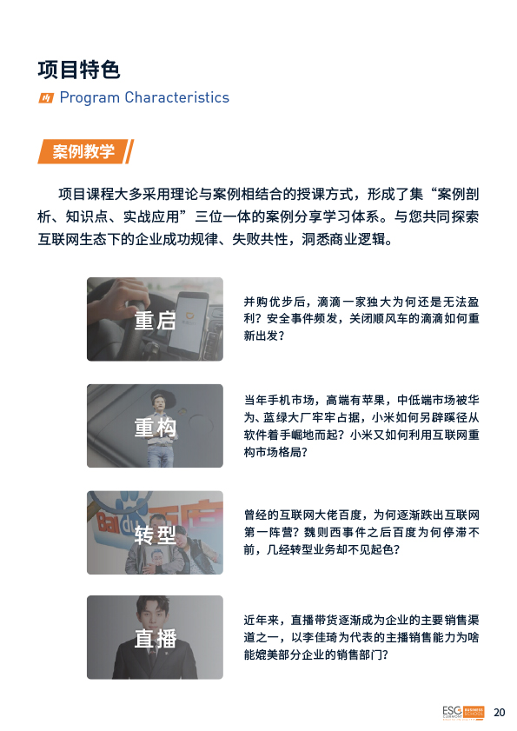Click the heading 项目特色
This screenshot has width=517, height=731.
point(79,70)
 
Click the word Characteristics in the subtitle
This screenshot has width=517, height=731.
point(177,97)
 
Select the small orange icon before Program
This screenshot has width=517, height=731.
point(46,98)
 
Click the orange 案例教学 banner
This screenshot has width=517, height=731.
point(86,151)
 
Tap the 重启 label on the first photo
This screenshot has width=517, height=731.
point(156,321)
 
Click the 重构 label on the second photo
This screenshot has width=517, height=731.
point(156,428)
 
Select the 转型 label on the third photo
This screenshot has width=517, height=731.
point(156,535)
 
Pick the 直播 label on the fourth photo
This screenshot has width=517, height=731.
point(156,638)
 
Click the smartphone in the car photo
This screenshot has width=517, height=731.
point(188,324)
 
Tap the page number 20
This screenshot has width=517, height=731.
point(500,713)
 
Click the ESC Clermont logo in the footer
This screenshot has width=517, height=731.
point(463,713)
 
